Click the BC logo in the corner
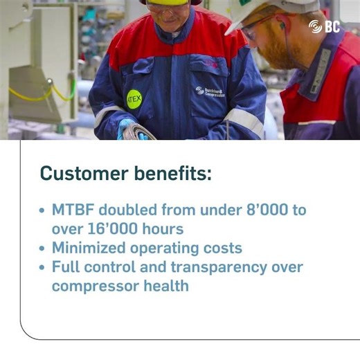(325, 26)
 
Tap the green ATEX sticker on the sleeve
(134, 100)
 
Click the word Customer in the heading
(81, 174)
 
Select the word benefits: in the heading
(170, 174)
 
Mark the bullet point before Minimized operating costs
(44, 248)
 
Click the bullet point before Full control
(44, 267)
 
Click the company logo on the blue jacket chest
(209, 91)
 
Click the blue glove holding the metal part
(127, 129)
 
